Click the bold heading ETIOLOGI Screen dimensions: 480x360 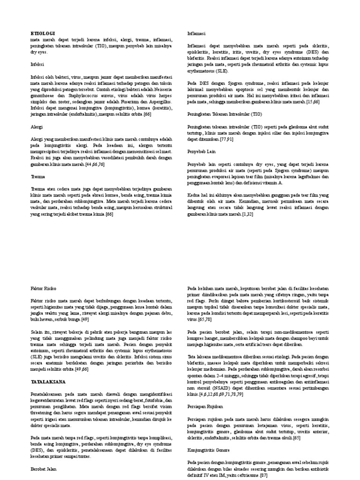pyautogui.click(x=43, y=34)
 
